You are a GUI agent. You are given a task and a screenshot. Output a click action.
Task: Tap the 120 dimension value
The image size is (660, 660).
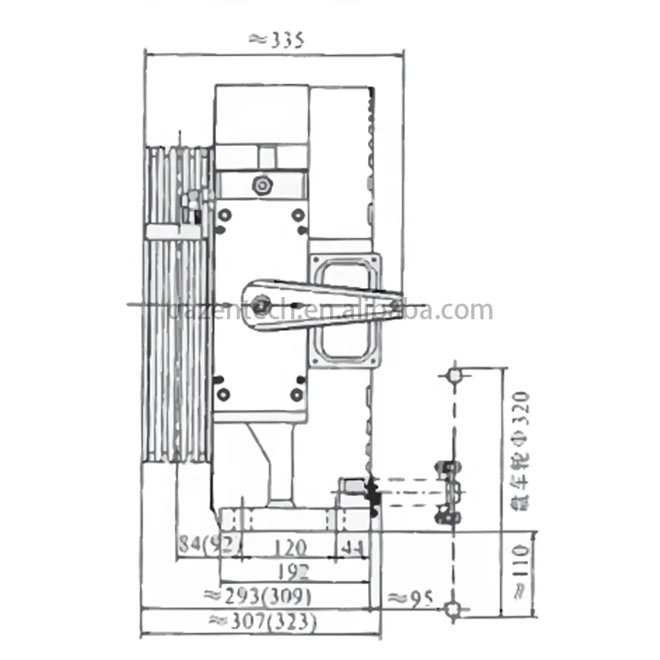point(290,546)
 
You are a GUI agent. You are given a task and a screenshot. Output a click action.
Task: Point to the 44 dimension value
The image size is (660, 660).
point(352,546)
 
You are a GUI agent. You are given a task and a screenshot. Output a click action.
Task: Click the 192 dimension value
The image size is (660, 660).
point(289,571)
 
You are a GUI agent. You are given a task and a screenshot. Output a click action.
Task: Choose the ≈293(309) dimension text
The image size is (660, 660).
point(257,596)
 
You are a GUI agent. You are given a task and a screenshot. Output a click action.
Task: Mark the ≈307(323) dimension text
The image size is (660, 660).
point(262,621)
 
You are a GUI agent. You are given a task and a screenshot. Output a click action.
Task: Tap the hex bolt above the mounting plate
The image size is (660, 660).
point(262,186)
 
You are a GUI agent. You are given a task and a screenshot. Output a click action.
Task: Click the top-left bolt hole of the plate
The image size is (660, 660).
point(221,215)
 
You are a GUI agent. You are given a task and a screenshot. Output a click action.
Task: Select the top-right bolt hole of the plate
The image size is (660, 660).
point(297,215)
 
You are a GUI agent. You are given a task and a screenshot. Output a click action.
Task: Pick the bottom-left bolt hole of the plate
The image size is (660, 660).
point(221,394)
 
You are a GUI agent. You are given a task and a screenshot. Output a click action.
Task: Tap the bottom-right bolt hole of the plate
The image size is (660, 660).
point(297,394)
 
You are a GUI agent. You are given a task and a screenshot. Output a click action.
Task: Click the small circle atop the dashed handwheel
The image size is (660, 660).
point(454,375)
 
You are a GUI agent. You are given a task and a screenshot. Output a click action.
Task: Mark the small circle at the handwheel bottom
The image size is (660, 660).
point(452,610)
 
